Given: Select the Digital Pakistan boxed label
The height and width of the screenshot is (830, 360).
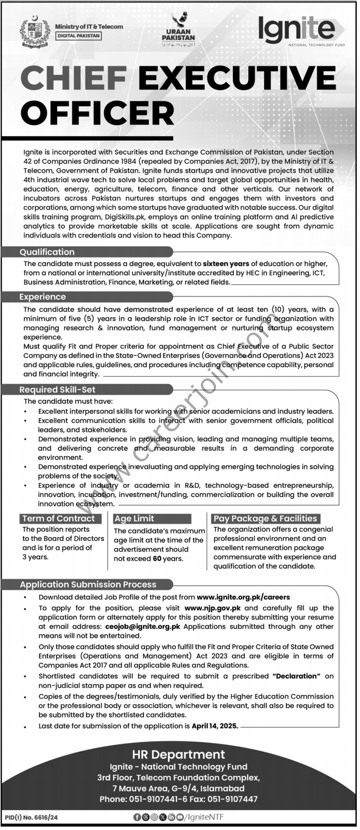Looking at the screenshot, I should tap(78, 36).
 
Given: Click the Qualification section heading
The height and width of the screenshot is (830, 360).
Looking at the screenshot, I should tap(47, 252).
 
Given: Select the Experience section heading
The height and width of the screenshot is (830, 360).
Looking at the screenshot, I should tap(43, 297).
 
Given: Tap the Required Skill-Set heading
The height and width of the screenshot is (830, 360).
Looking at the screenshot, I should tap(57, 389).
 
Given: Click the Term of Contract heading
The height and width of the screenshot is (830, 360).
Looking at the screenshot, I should tap(58, 518).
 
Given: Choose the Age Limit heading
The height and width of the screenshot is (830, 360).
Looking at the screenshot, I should tap(134, 518).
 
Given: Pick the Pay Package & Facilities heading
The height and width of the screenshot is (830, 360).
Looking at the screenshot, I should tap(265, 518).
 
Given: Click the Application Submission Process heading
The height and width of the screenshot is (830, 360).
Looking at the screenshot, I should tap(88, 584).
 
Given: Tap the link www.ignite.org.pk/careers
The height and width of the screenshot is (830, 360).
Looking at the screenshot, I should tap(243, 597).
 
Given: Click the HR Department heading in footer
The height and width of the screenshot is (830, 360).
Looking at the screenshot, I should tap(178, 755).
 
